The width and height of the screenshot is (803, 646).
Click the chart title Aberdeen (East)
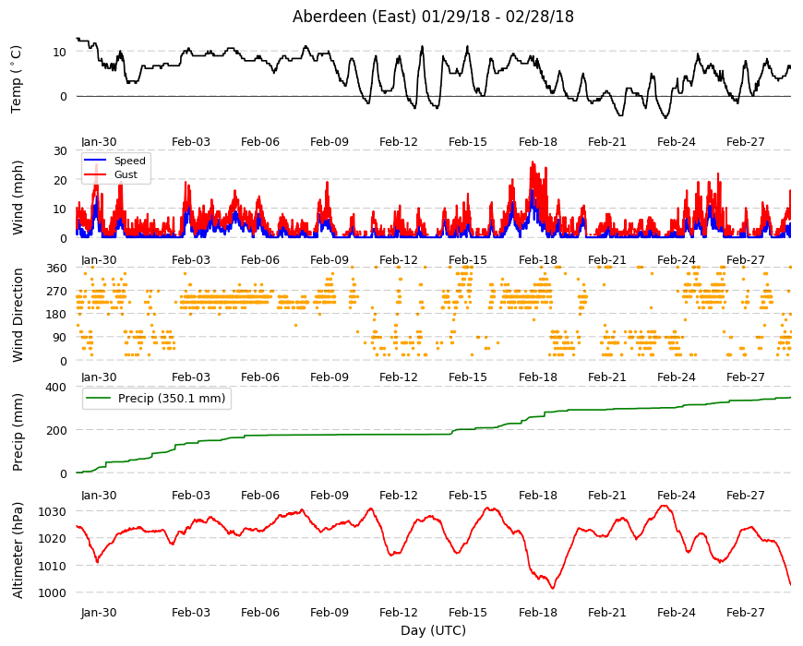(x=354, y=17)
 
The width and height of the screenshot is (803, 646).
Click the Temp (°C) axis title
(x=17, y=79)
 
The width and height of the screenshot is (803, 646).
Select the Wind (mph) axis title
(x=18, y=197)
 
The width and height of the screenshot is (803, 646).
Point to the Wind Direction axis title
(x=18, y=315)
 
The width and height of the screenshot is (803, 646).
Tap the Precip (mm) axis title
(x=18, y=432)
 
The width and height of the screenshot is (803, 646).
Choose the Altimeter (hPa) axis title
(x=18, y=550)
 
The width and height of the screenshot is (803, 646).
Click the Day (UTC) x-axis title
(x=433, y=630)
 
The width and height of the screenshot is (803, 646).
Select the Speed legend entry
(x=129, y=161)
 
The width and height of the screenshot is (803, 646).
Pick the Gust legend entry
(x=126, y=174)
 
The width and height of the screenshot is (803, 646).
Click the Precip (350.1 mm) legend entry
(x=172, y=399)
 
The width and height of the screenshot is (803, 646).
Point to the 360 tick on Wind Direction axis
(x=56, y=268)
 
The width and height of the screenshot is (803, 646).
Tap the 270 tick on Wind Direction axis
(x=56, y=292)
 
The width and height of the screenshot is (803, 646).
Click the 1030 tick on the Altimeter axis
(x=53, y=511)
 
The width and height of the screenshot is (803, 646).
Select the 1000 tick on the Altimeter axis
(x=53, y=592)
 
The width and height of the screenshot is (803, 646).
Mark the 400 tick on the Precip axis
(x=56, y=387)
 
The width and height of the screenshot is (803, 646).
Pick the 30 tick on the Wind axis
(x=60, y=150)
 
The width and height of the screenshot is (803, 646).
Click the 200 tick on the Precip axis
(x=56, y=430)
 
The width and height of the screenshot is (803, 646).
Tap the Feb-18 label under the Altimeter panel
(x=538, y=612)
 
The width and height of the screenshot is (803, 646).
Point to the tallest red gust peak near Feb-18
(x=533, y=162)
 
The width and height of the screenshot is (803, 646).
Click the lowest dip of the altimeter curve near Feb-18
(x=553, y=588)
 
